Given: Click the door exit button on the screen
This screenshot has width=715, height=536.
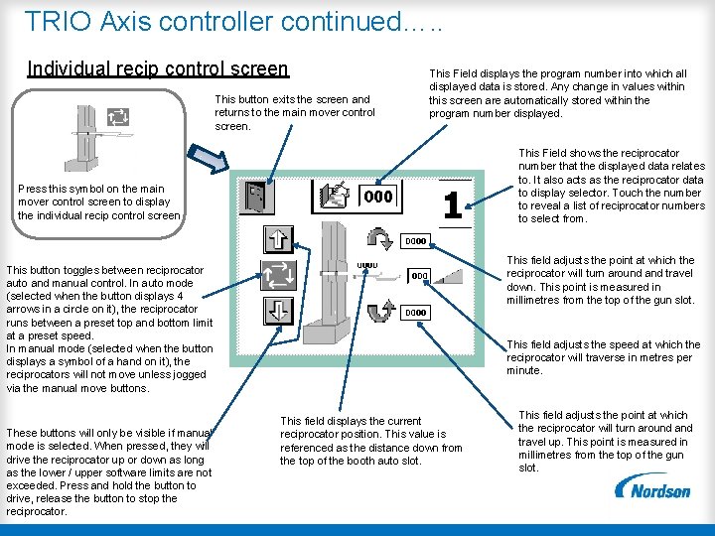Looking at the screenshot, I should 258,196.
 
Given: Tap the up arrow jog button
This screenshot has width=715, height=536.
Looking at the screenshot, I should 276,239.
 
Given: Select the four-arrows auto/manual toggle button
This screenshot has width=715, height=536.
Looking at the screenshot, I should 277,275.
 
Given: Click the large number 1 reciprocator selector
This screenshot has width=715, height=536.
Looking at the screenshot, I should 452,205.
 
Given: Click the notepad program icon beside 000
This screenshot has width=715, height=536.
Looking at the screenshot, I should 338,196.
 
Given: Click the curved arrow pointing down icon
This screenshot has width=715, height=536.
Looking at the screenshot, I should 379,239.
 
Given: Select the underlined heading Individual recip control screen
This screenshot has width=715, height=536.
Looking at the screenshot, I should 158,69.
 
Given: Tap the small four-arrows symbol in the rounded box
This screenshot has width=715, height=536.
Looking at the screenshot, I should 117,116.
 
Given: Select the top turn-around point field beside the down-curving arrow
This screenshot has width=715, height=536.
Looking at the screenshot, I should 416,240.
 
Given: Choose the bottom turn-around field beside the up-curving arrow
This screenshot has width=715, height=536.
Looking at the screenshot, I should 416,313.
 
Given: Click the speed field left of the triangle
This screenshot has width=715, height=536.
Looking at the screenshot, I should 419,276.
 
